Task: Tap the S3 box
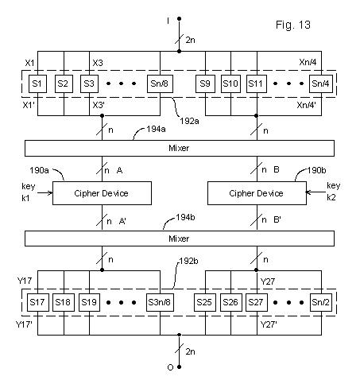(x=90, y=82)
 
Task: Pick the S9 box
(x=207, y=82)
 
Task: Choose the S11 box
(x=257, y=82)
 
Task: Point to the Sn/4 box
(x=321, y=82)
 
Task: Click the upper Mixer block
(x=180, y=148)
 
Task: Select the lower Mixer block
(x=180, y=239)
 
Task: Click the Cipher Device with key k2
(x=257, y=193)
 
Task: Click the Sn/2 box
(x=321, y=302)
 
